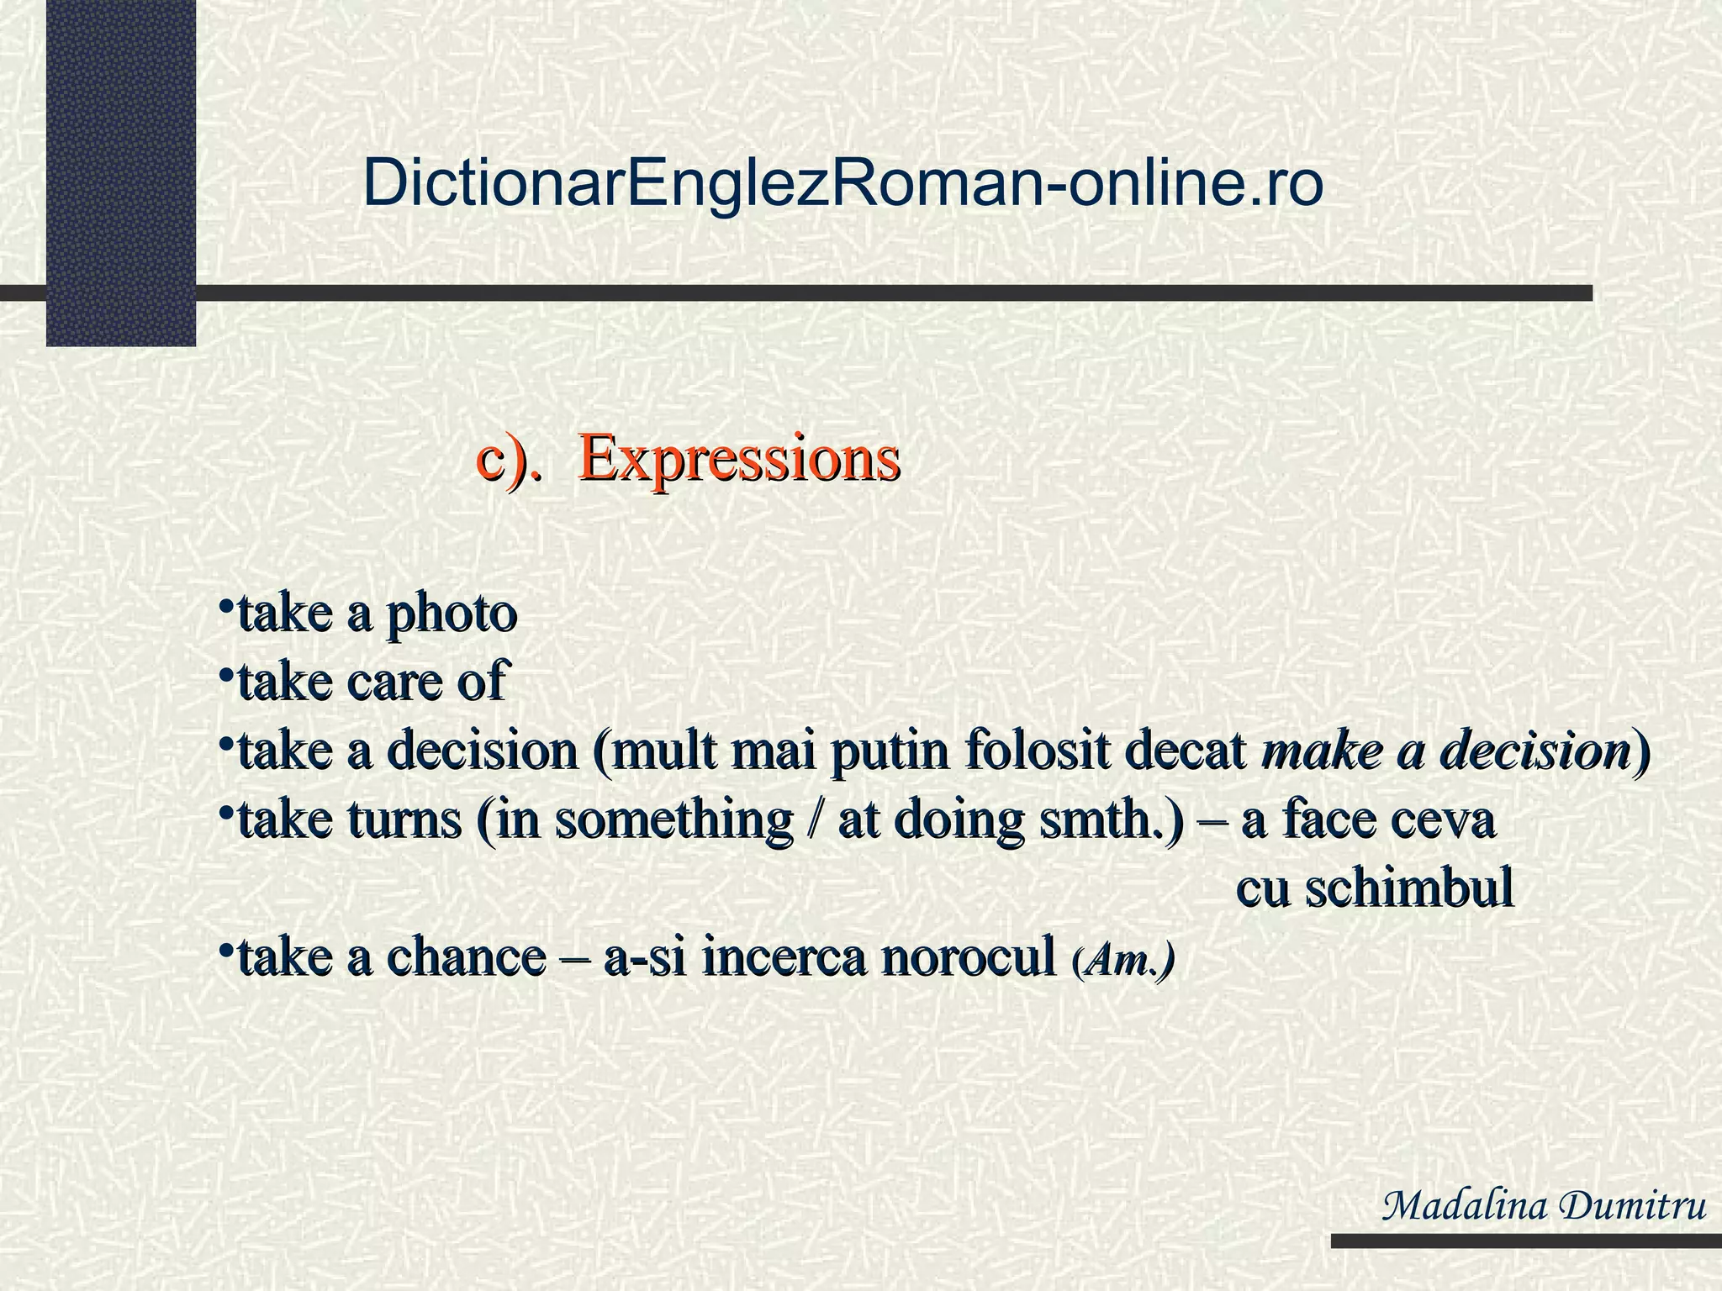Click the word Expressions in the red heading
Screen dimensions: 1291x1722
click(x=739, y=459)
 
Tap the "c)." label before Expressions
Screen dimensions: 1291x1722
click(x=508, y=459)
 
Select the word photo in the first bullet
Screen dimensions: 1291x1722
click(x=451, y=615)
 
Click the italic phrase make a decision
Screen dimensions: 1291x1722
click(x=1446, y=751)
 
